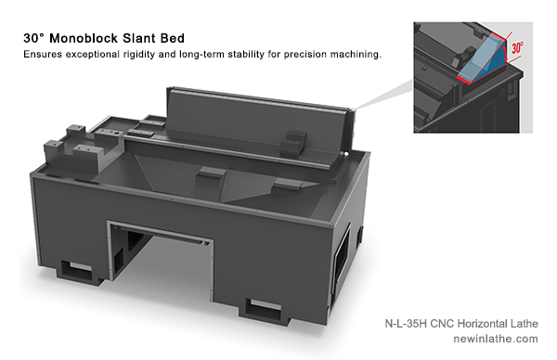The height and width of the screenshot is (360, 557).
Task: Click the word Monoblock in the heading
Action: coord(84,38)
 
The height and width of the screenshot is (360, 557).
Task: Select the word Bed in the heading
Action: coord(173,38)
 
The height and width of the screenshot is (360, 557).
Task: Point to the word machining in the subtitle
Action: coord(356,55)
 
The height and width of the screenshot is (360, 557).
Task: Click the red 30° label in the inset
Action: coord(517,47)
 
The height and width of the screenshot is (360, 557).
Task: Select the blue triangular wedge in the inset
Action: coord(483,60)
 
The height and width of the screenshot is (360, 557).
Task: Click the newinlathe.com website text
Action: coord(496,339)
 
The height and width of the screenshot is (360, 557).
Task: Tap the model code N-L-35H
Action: coord(406,324)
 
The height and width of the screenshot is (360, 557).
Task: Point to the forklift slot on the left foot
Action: coord(77,267)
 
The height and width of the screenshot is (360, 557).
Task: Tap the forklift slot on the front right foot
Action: coord(264,307)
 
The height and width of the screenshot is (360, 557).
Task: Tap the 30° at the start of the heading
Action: coord(34,38)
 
